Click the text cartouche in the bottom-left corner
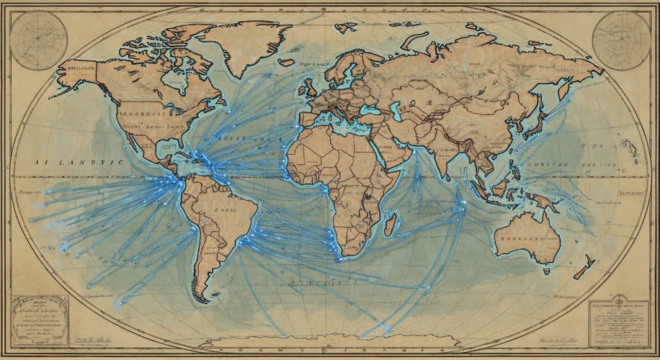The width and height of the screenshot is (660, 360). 40,316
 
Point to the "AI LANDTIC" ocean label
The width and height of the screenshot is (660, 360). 79,164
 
